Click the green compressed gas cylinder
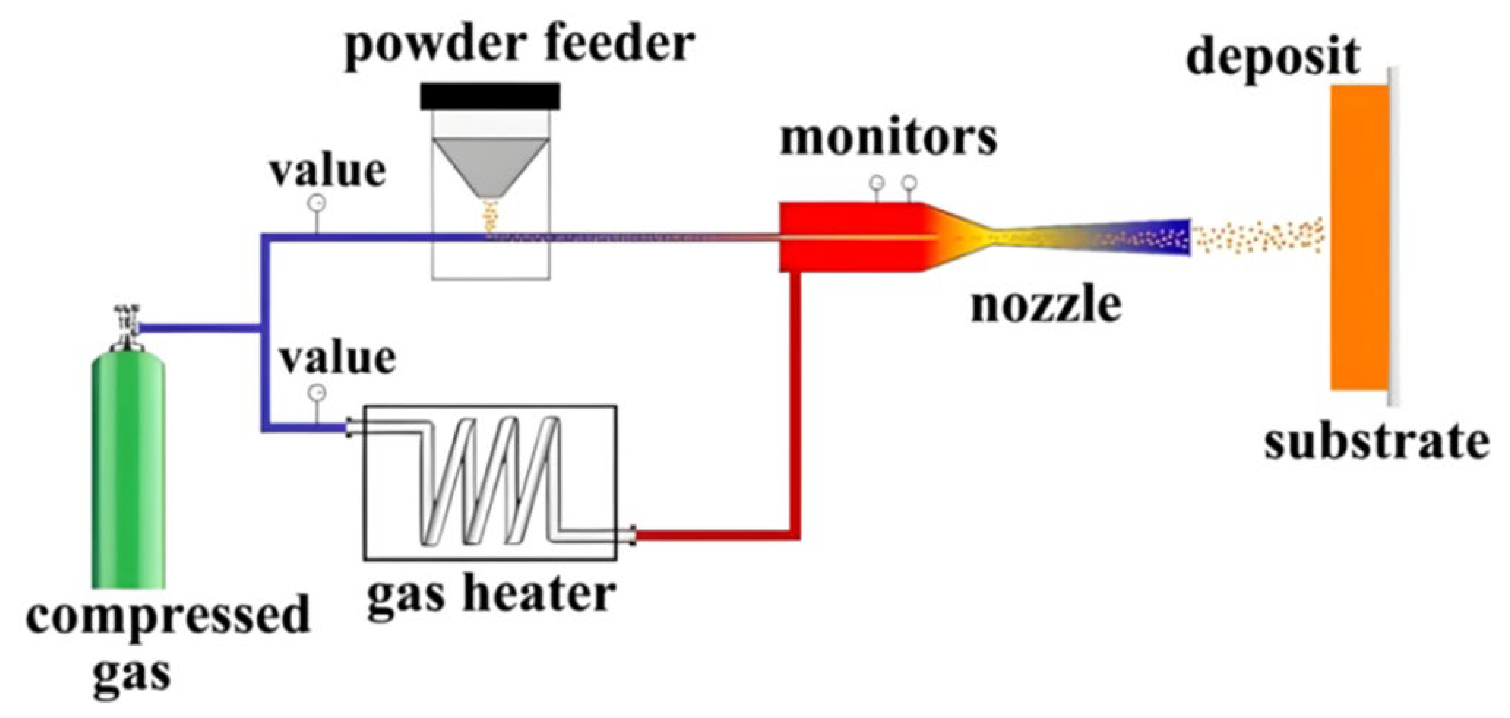point(128,469)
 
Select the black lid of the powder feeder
point(490,96)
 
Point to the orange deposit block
point(1359,237)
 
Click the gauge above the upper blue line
point(316,203)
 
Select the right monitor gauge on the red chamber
point(909,183)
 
